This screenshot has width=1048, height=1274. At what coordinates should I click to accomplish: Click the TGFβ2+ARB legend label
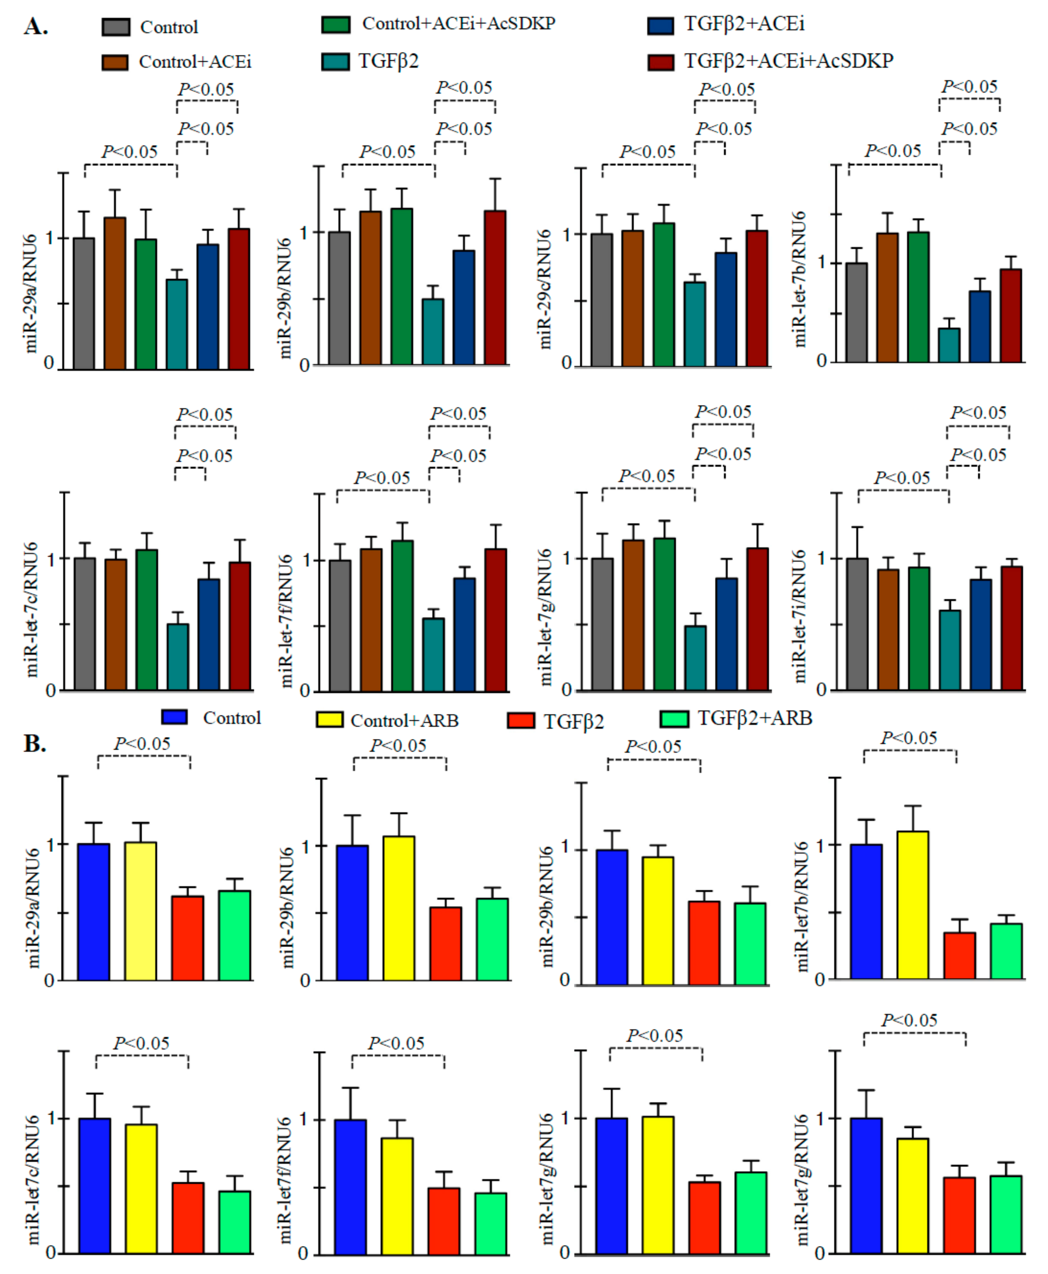pyautogui.click(x=754, y=718)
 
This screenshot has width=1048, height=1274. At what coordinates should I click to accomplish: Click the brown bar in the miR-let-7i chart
pyautogui.click(x=888, y=629)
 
